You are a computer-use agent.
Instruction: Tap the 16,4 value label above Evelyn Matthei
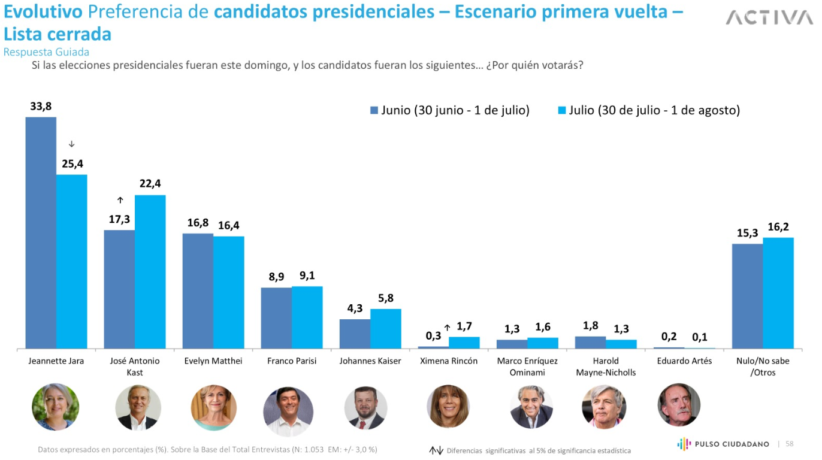pyautogui.click(x=228, y=226)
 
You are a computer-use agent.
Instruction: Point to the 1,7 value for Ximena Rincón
pyautogui.click(x=464, y=326)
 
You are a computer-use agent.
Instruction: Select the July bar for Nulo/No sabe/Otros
pyautogui.click(x=778, y=293)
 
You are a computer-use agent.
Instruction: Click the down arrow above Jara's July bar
pyautogui.click(x=72, y=144)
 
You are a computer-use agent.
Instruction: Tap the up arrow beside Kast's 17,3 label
pyautogui.click(x=120, y=200)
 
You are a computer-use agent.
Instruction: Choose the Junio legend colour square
pyautogui.click(x=374, y=110)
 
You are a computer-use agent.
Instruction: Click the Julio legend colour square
pyautogui.click(x=561, y=110)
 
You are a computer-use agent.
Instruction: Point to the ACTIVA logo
pyautogui.click(x=769, y=18)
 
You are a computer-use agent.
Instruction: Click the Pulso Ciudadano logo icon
pyautogui.click(x=684, y=444)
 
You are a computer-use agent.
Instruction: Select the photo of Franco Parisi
pyautogui.click(x=288, y=411)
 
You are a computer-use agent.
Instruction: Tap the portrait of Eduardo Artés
pyautogui.click(x=679, y=405)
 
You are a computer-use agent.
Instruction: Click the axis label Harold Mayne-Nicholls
pyautogui.click(x=606, y=367)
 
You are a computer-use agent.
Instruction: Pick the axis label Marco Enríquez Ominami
pyautogui.click(x=527, y=367)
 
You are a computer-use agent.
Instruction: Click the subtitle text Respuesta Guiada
pyautogui.click(x=46, y=52)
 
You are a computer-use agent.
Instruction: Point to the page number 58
pyautogui.click(x=789, y=444)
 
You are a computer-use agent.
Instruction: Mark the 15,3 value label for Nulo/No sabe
pyautogui.click(x=747, y=233)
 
